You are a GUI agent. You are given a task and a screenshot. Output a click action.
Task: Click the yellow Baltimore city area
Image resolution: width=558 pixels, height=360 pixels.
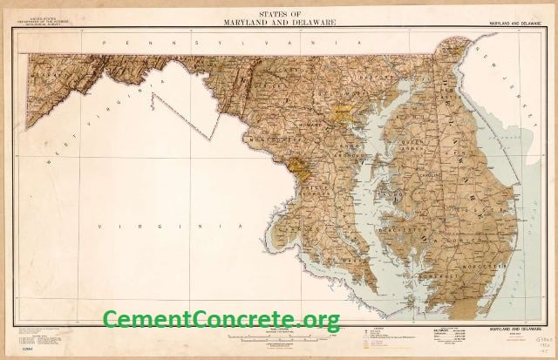pyautogui.click(x=342, y=112)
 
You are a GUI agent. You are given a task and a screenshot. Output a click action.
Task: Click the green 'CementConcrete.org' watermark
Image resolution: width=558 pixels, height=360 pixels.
pyautogui.click(x=221, y=320)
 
